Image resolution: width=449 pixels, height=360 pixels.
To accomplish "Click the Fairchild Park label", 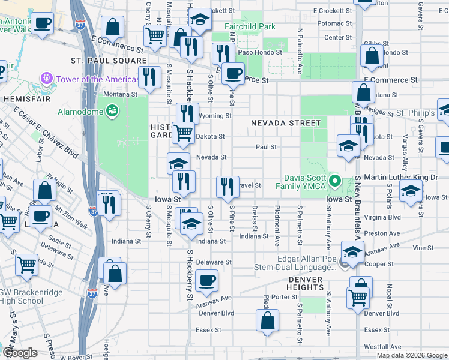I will coord(250,26).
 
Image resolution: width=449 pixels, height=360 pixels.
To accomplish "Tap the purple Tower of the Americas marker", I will coord(45,79).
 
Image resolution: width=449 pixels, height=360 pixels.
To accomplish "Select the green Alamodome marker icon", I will coord(111,111).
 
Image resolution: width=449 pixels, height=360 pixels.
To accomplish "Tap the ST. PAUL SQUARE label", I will coord(109,61).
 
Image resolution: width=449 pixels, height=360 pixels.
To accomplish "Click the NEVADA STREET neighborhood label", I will coord(286,122).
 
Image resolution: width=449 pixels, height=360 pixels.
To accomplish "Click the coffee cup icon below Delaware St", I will coord(207,280).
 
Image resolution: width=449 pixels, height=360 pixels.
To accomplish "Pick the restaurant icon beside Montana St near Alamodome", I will coord(149,76).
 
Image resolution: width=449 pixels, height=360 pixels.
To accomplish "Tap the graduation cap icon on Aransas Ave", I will coord(352,251).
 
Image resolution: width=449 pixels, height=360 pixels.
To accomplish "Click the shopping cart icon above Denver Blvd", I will coord(358,296).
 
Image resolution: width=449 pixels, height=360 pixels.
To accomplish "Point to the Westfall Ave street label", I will coord(382,347).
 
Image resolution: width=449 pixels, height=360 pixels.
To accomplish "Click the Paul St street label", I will coord(266,146).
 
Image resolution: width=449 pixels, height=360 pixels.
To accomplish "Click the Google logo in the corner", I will coord(20,353).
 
